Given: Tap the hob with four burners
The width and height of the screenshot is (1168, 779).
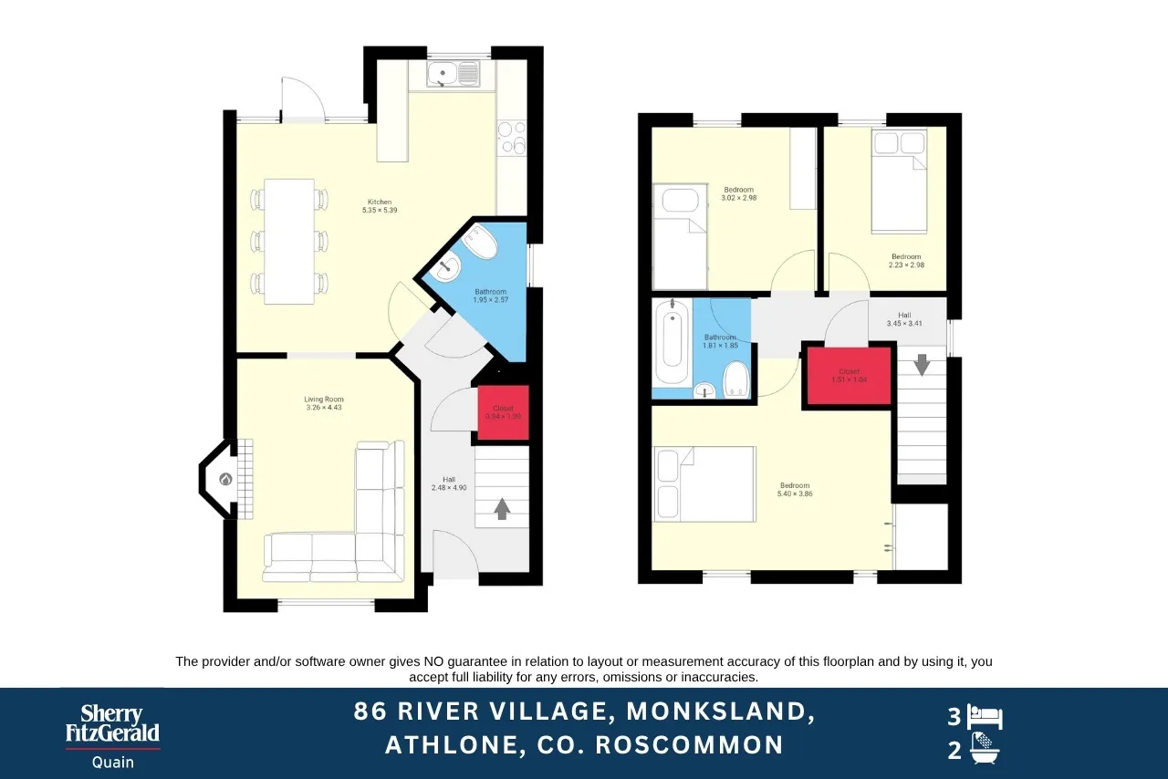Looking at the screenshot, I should [511, 137].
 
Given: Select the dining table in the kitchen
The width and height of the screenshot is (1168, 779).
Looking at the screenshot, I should [289, 242].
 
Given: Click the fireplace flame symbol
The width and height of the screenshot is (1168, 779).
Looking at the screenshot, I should [225, 479].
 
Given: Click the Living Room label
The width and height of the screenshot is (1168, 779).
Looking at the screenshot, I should [324, 403].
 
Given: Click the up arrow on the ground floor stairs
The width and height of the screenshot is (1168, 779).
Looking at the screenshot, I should [502, 508].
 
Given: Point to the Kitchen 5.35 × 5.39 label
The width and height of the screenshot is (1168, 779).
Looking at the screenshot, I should [380, 206].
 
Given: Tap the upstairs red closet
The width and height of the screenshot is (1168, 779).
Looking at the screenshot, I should [846, 375].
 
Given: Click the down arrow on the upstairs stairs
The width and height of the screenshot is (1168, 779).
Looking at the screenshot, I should [922, 364].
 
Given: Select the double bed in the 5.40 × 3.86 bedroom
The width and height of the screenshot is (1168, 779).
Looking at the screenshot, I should [704, 483].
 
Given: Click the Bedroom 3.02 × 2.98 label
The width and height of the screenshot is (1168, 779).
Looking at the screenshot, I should [738, 193].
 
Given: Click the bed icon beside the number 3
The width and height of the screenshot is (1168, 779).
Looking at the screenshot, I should [985, 717].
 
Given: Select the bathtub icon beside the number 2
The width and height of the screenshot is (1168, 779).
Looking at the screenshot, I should [985, 750].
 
